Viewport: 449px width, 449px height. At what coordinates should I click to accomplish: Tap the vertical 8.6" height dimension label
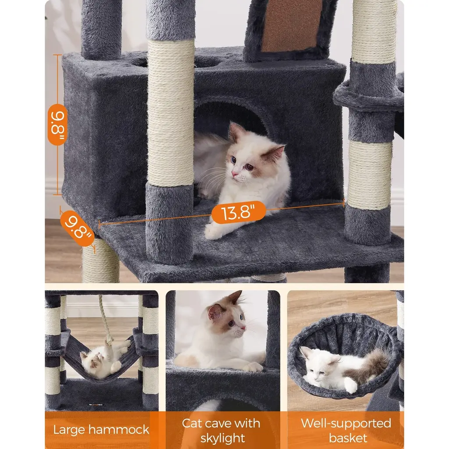(x=57, y=125)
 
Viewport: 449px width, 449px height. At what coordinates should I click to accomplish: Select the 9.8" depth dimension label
(x=77, y=228)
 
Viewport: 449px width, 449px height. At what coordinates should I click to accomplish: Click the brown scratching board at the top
(x=291, y=26)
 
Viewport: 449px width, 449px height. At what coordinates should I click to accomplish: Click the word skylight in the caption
(x=222, y=438)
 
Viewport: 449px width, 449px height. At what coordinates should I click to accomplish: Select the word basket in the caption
(x=348, y=438)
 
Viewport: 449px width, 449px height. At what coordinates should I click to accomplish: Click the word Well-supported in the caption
(x=346, y=424)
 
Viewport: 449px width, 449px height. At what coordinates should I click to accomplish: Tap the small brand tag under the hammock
(x=96, y=405)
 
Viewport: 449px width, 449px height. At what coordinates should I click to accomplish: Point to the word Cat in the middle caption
(x=193, y=424)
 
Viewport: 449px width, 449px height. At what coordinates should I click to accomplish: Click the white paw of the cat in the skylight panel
(x=253, y=367)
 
